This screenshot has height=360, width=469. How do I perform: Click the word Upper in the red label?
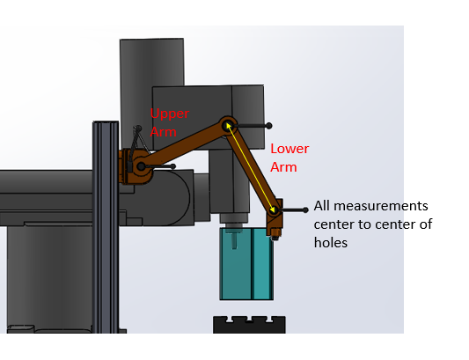coord(170,114)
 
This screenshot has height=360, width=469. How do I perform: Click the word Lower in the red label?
coord(289,149)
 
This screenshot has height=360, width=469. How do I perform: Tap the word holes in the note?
coord(331,242)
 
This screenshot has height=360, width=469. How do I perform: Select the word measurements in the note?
coord(381,206)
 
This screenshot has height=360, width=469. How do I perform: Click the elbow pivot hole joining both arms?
coord(228,125)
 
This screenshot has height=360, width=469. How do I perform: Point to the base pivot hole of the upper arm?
coord(141,165)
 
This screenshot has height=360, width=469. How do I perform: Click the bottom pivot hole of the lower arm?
coord(273,209)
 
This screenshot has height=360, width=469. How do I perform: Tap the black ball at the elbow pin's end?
coord(268,126)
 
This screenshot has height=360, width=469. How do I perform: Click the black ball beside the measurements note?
coord(305,210)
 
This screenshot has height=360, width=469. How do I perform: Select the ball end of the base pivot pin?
coord(172,166)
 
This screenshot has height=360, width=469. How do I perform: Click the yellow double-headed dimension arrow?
coord(251,167)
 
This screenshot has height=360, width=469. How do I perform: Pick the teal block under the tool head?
coord(246,264)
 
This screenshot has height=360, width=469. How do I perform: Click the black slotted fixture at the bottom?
coord(249,325)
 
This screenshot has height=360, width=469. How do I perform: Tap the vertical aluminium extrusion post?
coord(106,227)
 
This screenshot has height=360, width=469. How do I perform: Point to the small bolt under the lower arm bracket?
coord(275,239)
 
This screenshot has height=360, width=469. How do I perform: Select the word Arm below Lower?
coord(283,167)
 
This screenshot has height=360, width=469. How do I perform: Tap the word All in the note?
coord(322,206)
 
